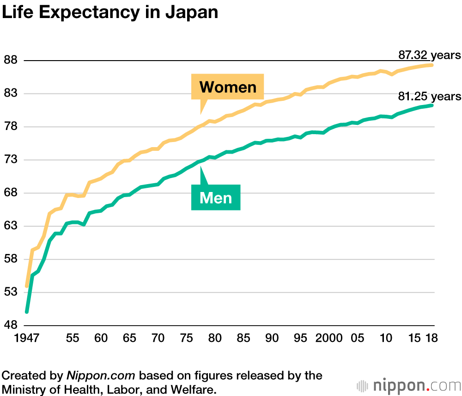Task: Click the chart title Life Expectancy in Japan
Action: (110, 12)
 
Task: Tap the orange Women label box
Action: (228, 87)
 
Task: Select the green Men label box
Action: (216, 198)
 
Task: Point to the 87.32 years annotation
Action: (429, 55)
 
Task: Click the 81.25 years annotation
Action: (429, 96)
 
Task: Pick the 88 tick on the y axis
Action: (10, 61)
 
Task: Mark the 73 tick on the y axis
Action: (10, 160)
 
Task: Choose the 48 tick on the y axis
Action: (10, 325)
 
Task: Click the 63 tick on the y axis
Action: (10, 226)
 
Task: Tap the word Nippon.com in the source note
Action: (92, 375)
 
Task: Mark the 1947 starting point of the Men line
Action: (27, 312)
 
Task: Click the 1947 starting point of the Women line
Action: (27, 286)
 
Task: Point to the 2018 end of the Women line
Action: (432, 65)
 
